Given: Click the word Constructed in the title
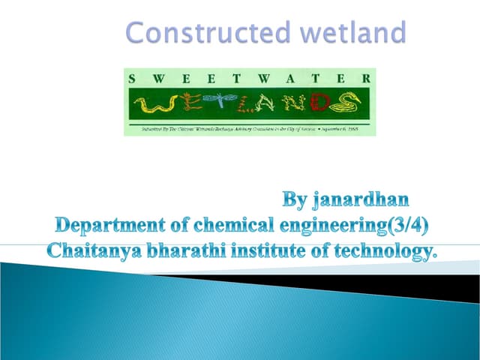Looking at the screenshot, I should point(193,32).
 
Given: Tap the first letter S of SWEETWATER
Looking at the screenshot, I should point(132,78).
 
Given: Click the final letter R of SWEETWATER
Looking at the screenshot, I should point(365,78).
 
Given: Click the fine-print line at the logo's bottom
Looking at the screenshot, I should point(250,129).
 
